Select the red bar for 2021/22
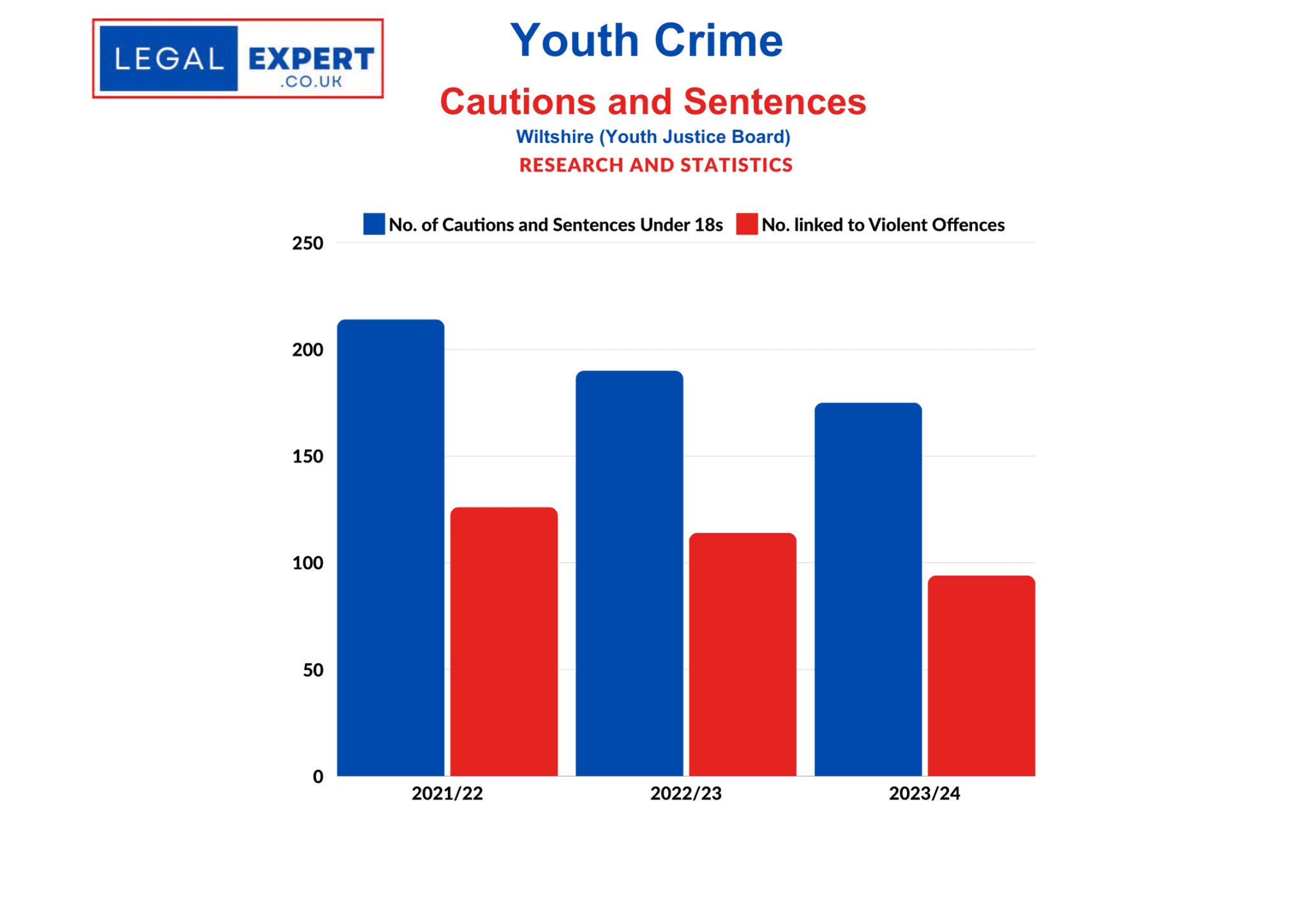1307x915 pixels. [504, 641]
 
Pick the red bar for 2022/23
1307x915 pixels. [742, 654]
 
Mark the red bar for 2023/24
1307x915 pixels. [981, 676]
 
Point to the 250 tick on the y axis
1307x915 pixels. [308, 243]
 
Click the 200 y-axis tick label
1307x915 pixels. [308, 350]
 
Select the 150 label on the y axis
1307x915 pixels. [308, 456]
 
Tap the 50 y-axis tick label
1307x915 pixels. [313, 670]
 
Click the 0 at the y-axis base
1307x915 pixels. [318, 777]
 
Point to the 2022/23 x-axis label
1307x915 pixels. [685, 793]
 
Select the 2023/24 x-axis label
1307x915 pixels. [924, 793]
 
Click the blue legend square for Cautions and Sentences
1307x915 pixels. [374, 224]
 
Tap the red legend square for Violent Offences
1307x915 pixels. [747, 224]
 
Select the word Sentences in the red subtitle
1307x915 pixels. [775, 102]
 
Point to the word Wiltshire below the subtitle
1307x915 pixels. [554, 137]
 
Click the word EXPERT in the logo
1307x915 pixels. [311, 59]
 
